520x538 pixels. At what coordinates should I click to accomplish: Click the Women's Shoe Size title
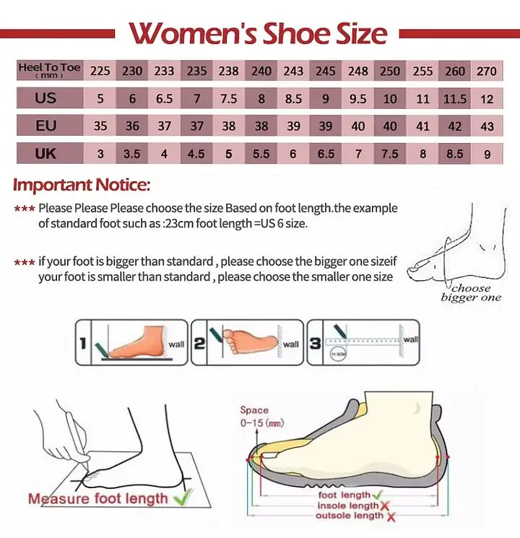(x=258, y=33)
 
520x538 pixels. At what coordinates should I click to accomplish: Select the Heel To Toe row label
(x=49, y=70)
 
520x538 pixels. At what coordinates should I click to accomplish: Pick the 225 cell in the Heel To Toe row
(x=100, y=71)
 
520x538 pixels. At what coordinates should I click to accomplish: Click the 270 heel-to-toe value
(x=487, y=71)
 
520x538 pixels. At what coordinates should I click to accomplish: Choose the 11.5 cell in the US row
(x=455, y=98)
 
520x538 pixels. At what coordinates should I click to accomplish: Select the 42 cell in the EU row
(x=455, y=126)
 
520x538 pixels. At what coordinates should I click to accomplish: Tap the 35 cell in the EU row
(x=100, y=126)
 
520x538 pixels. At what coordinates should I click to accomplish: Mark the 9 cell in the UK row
(x=487, y=153)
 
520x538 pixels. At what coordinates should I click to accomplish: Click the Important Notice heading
(x=81, y=185)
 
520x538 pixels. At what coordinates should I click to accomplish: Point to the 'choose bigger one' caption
(x=470, y=293)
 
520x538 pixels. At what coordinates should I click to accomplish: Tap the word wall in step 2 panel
(x=291, y=344)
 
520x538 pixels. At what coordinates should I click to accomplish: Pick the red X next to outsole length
(x=391, y=516)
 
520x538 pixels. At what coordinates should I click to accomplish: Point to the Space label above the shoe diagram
(x=254, y=410)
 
